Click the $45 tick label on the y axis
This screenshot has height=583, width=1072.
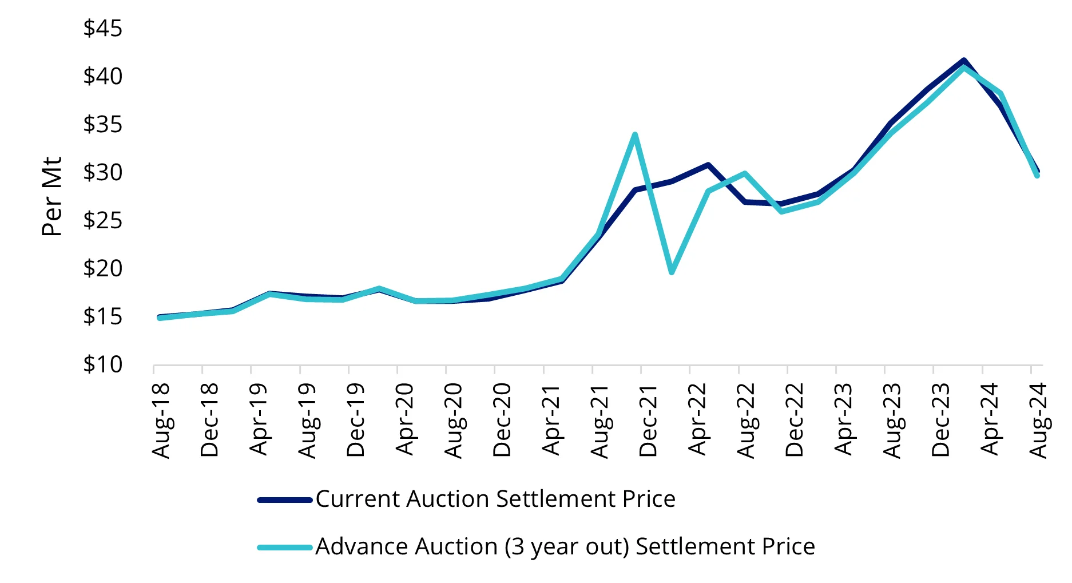(103, 29)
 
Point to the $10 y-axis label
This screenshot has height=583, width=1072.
(103, 364)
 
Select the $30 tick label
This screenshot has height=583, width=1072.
(103, 172)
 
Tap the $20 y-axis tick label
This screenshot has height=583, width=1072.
(103, 268)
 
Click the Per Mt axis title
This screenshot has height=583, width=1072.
(52, 196)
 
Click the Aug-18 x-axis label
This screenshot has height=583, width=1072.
(161, 421)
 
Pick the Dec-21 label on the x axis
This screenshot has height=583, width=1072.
(648, 421)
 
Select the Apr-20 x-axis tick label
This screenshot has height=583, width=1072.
(405, 421)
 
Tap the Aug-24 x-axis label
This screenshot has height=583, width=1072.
(1038, 421)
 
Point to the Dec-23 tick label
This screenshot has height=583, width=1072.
(941, 421)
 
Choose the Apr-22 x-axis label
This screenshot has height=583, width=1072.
(697, 421)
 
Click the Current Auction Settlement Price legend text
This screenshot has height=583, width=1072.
(495, 499)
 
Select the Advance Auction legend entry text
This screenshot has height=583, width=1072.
(565, 547)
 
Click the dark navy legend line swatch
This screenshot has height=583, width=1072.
(285, 499)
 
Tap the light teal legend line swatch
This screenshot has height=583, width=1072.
(285, 547)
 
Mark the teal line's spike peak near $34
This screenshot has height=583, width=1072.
(635, 135)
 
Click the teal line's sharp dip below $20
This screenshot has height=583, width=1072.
(672, 272)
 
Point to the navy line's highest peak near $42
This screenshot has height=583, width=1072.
(964, 60)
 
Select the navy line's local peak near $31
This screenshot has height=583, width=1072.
(708, 165)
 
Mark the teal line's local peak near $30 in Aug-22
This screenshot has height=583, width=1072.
(745, 173)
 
